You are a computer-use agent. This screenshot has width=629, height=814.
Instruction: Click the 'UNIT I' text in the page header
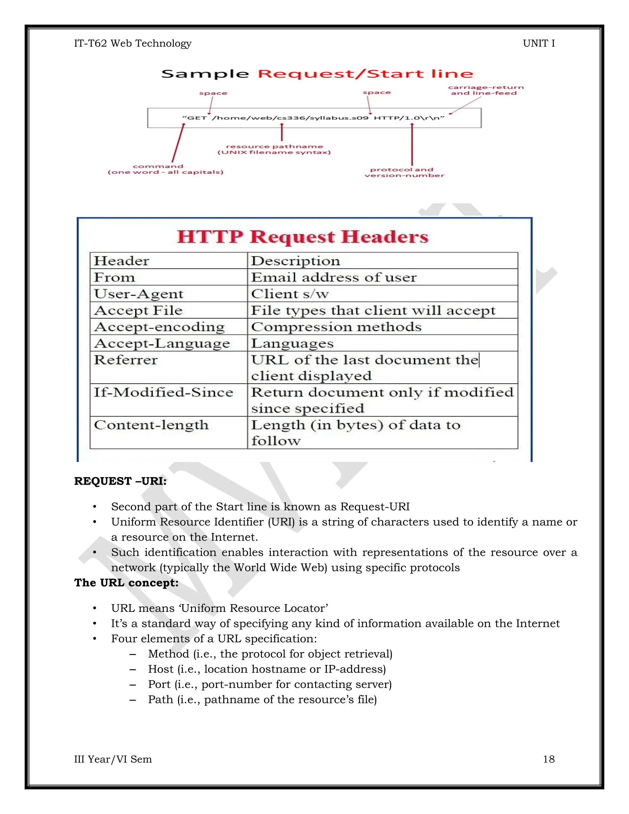click(x=538, y=44)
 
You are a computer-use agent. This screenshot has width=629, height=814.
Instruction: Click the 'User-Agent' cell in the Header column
click(x=139, y=294)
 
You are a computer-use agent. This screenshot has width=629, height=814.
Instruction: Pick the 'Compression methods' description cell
click(x=336, y=327)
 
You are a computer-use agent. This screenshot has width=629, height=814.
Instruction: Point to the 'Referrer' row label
click(x=126, y=360)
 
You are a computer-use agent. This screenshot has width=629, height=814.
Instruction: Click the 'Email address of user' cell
click(x=334, y=277)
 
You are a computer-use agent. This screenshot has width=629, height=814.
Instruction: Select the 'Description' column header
click(x=295, y=261)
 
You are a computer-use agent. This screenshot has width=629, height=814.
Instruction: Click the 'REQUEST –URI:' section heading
click(x=120, y=481)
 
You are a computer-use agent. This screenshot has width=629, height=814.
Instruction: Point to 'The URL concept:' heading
click(x=126, y=582)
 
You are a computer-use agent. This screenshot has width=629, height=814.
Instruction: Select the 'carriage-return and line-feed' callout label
click(x=486, y=90)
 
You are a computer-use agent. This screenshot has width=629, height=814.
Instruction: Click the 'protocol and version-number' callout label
click(x=404, y=173)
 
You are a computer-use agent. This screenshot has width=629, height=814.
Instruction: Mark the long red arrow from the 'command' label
click(x=178, y=143)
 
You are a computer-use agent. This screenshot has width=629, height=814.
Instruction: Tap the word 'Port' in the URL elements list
click(x=159, y=684)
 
